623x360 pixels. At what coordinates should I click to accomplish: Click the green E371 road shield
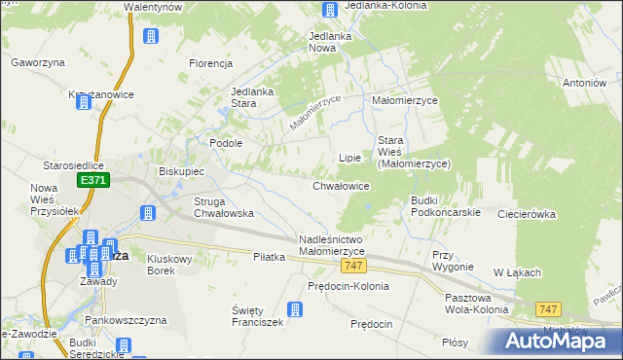pos(93,181)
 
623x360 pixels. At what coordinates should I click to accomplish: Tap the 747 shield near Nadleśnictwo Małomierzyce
pos(352,267)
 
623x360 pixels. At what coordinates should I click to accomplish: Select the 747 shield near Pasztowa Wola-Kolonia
pos(549,308)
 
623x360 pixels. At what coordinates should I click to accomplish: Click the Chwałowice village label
pos(341,185)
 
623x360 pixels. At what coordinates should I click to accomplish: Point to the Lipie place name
pos(349,157)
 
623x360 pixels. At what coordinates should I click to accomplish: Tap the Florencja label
pos(210,63)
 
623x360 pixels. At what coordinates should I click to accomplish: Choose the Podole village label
pos(226,142)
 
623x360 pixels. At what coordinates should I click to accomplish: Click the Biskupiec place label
pos(181,171)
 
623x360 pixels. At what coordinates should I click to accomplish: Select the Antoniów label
pos(584,83)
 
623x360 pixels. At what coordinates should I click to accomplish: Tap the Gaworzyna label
pos(38,62)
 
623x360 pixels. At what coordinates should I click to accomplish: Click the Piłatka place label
pos(269,257)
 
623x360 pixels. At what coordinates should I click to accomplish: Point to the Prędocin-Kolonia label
pos(348,286)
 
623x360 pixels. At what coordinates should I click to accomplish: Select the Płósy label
pos(455,342)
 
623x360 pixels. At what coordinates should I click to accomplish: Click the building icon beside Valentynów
pos(151,37)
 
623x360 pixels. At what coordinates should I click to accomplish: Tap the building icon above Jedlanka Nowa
pos(330,11)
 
